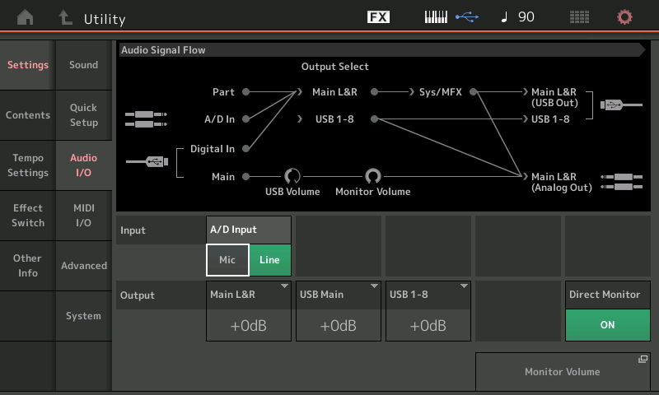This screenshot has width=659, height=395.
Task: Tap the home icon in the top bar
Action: point(26,17)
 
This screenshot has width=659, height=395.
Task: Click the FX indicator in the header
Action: point(378,17)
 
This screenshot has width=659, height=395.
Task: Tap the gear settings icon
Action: point(624,17)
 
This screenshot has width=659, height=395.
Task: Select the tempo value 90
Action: point(526,16)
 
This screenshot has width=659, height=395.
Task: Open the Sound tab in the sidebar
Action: point(84,65)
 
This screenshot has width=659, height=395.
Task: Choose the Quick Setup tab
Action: point(84,115)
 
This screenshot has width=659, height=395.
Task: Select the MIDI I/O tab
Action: point(84,216)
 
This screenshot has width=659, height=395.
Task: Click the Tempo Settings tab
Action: point(28,165)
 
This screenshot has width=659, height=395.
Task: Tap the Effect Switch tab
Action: point(28,216)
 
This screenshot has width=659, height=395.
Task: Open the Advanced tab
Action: point(84,266)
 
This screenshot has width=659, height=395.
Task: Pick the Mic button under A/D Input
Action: point(227,260)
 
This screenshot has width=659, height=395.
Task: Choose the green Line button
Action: point(270,260)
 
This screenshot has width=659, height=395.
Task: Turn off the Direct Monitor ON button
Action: point(607,325)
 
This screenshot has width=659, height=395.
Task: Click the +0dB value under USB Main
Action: point(339,326)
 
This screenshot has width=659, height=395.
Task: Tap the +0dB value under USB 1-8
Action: point(428,326)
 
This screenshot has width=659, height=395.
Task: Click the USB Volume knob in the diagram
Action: point(292,176)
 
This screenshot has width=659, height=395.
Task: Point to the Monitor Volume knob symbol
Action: point(373,176)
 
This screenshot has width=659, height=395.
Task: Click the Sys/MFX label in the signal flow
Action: point(441,92)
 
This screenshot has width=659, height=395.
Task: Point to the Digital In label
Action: point(213,149)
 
